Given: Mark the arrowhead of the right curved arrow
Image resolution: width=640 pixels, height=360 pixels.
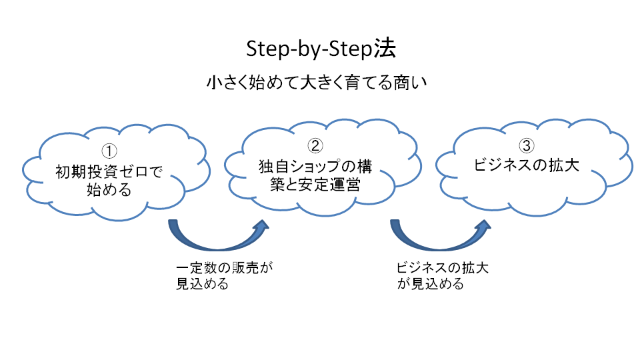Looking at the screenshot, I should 480,225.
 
